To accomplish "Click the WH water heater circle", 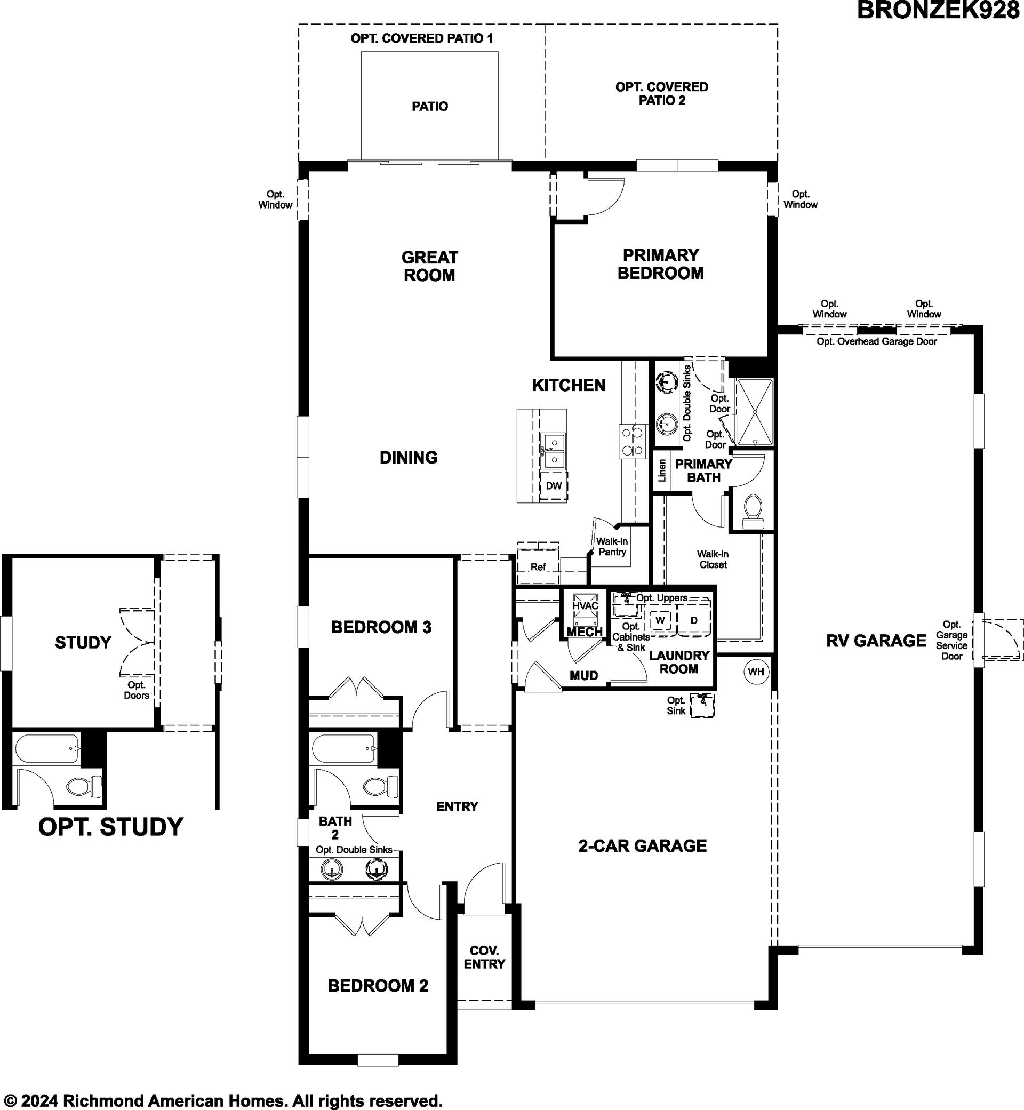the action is (756, 672).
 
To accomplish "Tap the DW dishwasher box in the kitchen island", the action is (554, 486).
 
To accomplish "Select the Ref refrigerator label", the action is (538, 567).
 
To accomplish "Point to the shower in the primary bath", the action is (754, 412).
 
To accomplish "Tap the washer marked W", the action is (659, 620).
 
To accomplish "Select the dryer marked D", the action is (694, 620).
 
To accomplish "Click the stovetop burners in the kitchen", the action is (633, 441).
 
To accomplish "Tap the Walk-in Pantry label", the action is (612, 546).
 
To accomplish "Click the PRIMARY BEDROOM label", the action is (660, 264).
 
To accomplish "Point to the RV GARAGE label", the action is (876, 641).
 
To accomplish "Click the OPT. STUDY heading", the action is (111, 826).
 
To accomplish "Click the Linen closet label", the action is (662, 470).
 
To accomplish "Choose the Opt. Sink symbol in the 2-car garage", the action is (701, 706).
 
